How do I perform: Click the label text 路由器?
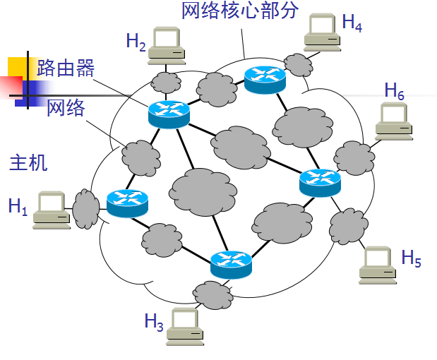(x=66, y=68)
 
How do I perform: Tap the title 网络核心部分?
(x=240, y=11)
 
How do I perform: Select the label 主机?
(x=28, y=162)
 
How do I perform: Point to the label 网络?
(x=66, y=108)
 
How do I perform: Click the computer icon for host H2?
(x=169, y=44)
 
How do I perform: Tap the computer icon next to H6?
(x=393, y=119)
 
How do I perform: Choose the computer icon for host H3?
(x=186, y=328)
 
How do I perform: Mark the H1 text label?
(x=17, y=207)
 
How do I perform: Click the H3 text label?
(x=154, y=322)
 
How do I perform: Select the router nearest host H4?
(x=265, y=78)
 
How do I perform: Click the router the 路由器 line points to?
(x=169, y=114)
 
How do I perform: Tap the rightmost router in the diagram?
(x=320, y=182)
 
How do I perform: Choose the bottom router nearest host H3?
(x=231, y=264)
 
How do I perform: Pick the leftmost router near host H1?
(x=128, y=203)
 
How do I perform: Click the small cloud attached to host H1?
(x=87, y=208)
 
